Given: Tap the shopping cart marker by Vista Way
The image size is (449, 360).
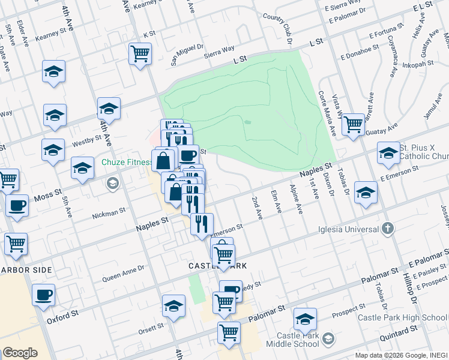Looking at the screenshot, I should point(353,124).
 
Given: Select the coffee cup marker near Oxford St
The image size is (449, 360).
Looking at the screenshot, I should point(44,295).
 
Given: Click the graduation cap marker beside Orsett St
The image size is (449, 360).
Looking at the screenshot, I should point(173,306).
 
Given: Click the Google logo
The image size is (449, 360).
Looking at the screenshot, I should point(20,353).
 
